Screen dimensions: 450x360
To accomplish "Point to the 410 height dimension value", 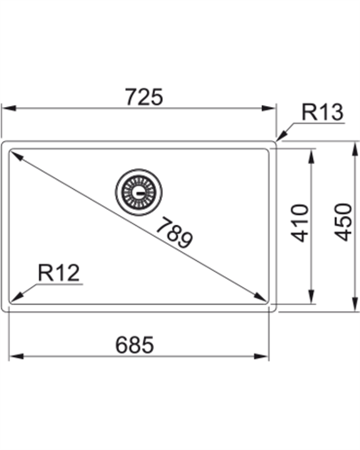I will [x=300, y=224].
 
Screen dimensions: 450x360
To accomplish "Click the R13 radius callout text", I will [x=320, y=112].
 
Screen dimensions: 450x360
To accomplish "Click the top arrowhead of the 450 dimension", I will [x=353, y=144].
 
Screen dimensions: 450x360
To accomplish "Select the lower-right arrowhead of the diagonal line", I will [x=264, y=300].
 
